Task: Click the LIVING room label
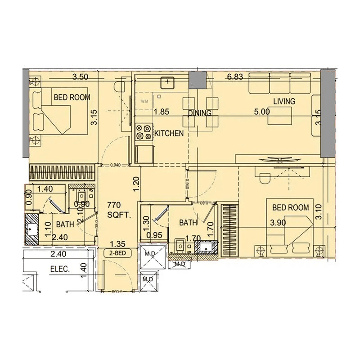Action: (x=283, y=102)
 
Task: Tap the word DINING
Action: (x=199, y=113)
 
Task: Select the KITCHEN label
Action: (x=169, y=133)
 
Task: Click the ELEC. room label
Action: (x=59, y=270)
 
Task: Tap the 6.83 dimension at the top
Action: (x=235, y=77)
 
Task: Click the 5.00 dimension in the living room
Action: (x=261, y=112)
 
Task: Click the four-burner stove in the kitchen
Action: (x=144, y=133)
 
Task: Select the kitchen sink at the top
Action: (x=168, y=82)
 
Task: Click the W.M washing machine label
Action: (x=144, y=101)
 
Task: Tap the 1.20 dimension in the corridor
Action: (x=135, y=182)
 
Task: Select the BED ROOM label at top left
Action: (x=72, y=97)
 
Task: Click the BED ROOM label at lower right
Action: (x=291, y=207)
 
